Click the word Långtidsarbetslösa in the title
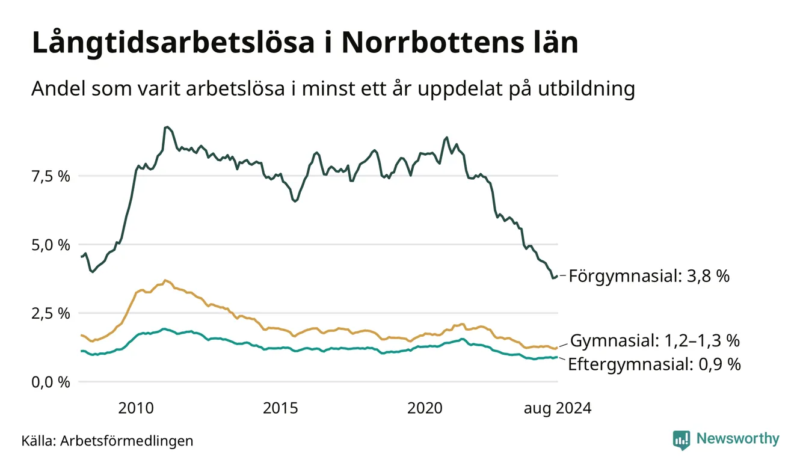coord(173,43)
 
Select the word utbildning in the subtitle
coord(586,90)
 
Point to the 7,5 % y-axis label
coord(51,177)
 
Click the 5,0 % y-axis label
coord(51,245)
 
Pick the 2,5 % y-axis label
coord(51,314)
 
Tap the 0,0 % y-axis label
coord(51,382)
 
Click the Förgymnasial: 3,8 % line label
coord(649,277)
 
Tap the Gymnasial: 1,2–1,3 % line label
coord(655,340)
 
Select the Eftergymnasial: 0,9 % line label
coord(654,364)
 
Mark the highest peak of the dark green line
coord(167,127)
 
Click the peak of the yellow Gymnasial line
coord(165,280)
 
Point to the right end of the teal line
coord(558,357)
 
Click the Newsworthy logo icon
coord(681,440)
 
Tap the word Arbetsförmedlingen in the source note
coord(127,441)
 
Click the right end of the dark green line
coord(558,276)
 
